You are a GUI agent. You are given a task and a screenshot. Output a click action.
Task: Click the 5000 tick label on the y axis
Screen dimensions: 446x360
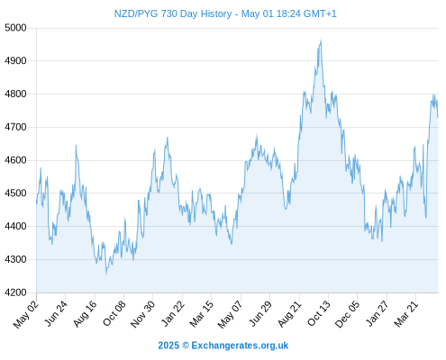15,28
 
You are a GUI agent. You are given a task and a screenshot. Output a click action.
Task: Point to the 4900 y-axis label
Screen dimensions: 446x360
15,61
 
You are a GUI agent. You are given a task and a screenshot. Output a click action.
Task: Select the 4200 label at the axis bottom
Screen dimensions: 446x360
15,292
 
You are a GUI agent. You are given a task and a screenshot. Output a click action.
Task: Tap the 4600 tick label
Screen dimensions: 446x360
15,160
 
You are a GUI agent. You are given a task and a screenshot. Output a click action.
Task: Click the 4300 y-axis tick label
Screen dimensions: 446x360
15,259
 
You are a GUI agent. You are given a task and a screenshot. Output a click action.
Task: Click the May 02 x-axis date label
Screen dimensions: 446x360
26,314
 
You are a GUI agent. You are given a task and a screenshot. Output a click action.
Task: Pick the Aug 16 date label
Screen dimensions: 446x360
86,313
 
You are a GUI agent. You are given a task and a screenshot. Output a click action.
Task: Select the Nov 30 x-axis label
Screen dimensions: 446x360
143,314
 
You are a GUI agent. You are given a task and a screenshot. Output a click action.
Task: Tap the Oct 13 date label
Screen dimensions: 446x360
319,313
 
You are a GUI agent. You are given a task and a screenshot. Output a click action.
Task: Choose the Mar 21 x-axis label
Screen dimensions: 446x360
406,314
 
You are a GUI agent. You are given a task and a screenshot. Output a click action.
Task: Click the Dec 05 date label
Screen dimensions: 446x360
347,314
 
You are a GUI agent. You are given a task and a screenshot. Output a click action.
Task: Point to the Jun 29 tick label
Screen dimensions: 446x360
260,313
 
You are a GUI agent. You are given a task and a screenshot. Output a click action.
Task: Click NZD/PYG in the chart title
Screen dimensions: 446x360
135,13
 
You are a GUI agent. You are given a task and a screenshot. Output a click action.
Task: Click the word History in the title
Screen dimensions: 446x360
216,14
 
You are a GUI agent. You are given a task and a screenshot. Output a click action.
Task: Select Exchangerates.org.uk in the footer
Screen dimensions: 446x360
240,346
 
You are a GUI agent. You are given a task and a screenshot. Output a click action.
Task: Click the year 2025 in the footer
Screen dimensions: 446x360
168,346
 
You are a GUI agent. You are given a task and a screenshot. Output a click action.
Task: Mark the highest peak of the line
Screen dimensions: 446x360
321,40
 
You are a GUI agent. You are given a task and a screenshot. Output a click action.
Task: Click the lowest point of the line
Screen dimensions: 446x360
106,274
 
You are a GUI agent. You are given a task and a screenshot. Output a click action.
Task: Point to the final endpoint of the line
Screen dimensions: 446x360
438,117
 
